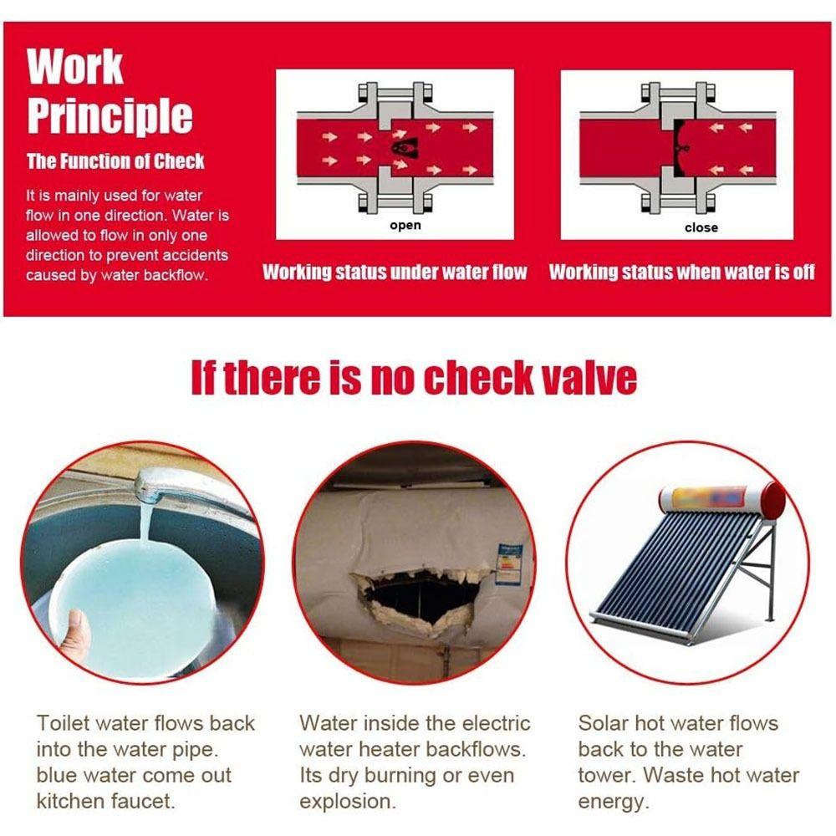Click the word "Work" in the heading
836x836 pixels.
75,67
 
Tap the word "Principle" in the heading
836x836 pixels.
110,115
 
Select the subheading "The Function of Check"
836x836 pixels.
115,161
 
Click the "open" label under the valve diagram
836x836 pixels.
405,226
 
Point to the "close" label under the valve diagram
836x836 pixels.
701,227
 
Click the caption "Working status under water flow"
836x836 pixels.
395,273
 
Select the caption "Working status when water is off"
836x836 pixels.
682,273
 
